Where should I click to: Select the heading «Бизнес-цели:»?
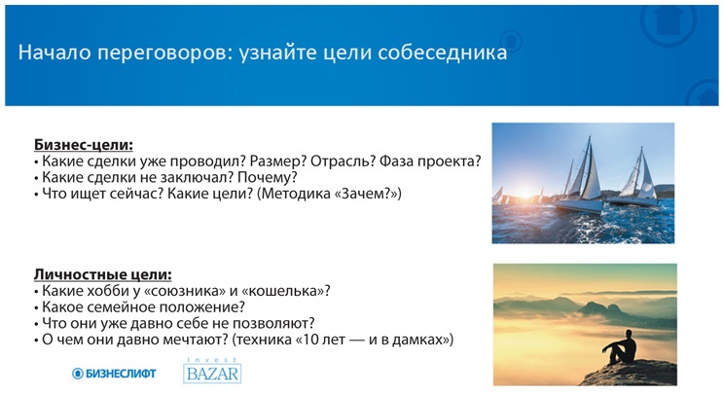coord(83,144)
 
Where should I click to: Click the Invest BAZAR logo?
coord(212,371)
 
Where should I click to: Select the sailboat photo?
coord(583,182)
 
